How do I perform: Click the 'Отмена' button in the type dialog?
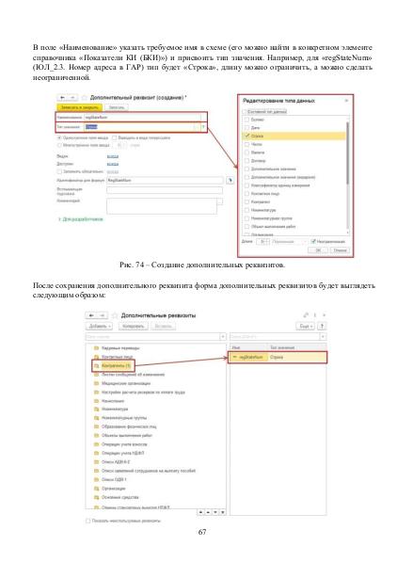click(340, 249)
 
